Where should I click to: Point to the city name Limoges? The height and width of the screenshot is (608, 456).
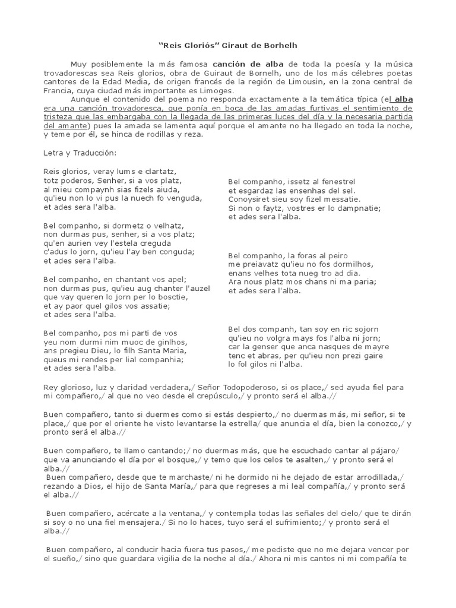(216, 90)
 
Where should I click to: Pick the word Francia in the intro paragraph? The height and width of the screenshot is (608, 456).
(58, 90)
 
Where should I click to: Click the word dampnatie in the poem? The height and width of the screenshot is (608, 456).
(356, 208)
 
